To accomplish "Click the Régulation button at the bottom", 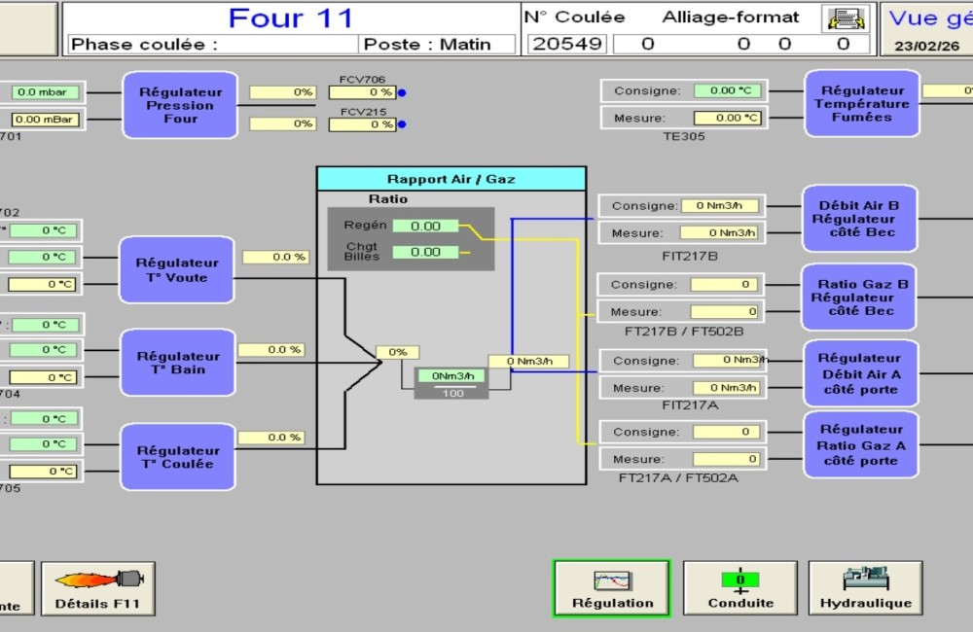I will (612, 588).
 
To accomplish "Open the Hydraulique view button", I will (865, 588).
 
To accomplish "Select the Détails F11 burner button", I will (97, 588).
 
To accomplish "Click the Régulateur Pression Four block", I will (180, 105).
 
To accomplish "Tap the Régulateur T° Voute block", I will (177, 270).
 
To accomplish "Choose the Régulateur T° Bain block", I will (177, 363).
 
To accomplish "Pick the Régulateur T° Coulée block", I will (177, 457).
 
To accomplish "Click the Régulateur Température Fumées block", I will (861, 103).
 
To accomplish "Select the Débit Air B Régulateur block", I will (859, 219).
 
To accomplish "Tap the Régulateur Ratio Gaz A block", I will (861, 445).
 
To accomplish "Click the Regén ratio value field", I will (425, 226).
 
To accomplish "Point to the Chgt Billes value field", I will (425, 252).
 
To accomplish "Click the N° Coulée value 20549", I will (567, 44).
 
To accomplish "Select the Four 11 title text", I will (292, 18).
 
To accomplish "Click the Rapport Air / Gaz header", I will (451, 179).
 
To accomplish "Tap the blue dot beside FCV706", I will (402, 93).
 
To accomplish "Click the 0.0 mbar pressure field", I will (46, 92).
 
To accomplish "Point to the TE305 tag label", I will (684, 137).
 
